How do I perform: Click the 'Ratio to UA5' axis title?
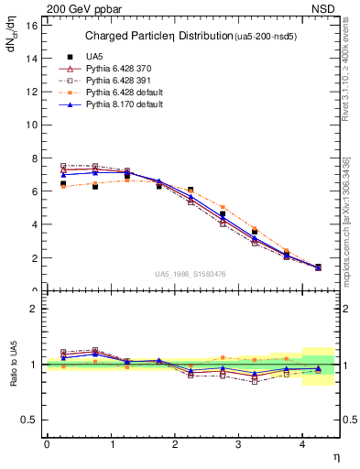[14, 364]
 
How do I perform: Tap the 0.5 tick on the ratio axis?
[31, 420]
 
